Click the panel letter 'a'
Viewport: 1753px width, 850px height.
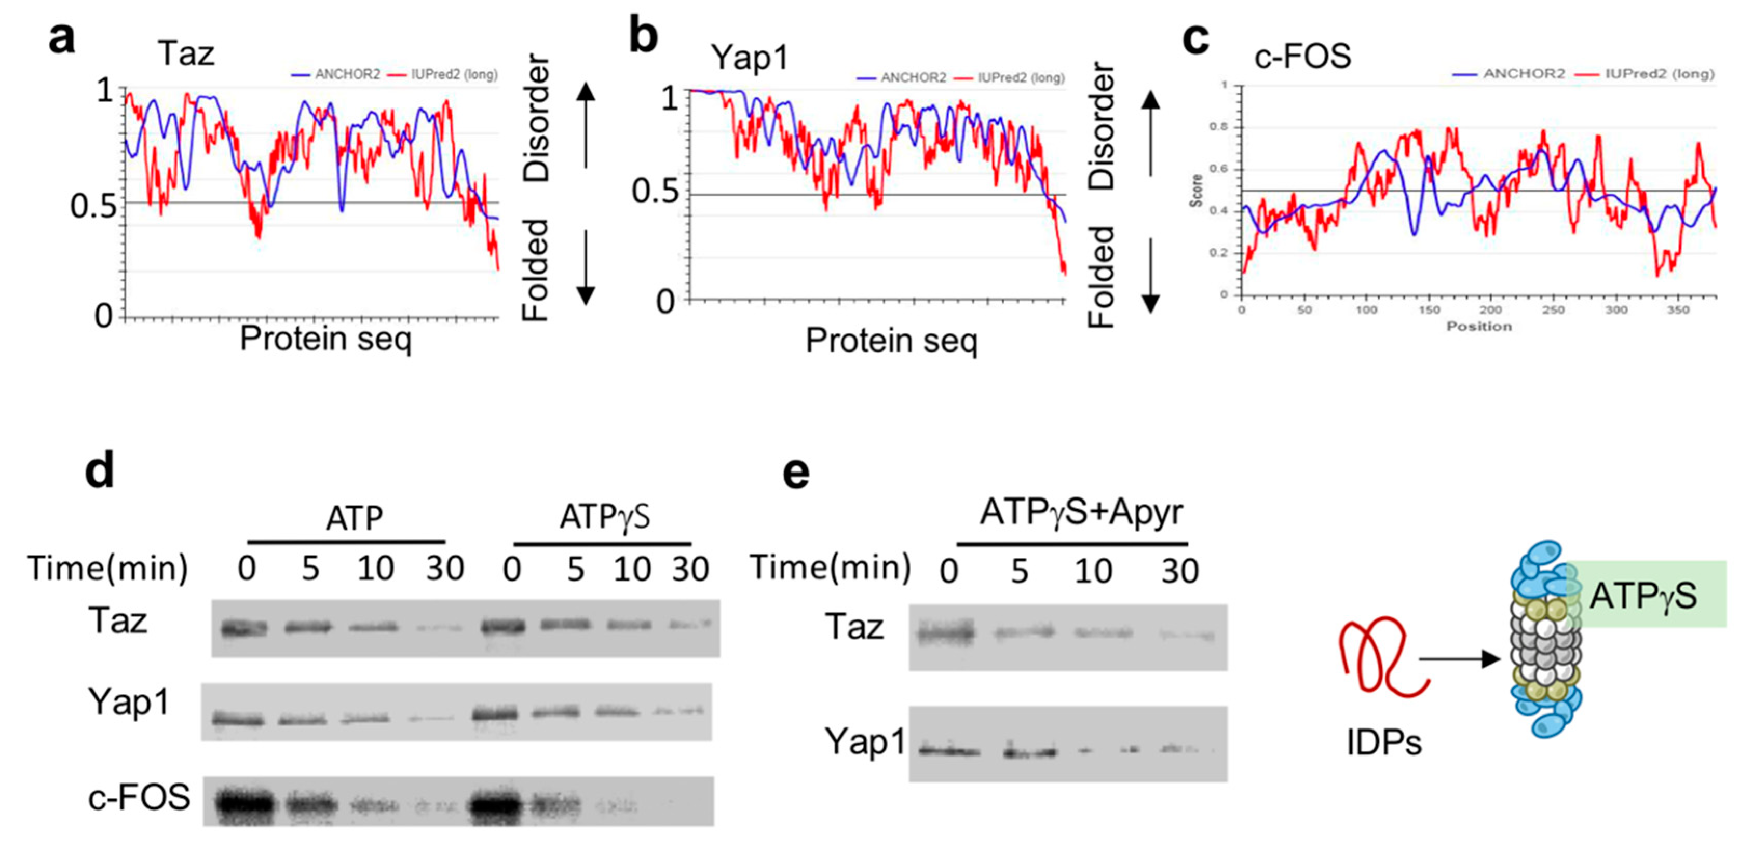pos(61,39)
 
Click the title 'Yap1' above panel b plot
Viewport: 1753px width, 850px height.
pos(749,57)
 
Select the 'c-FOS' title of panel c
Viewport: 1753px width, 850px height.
pos(1302,56)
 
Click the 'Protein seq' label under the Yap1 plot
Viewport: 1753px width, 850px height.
pos(891,340)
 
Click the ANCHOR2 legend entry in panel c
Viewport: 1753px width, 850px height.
pos(1510,74)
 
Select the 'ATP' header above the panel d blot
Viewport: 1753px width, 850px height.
pos(354,519)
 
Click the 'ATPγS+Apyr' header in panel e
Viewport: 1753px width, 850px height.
pos(1081,512)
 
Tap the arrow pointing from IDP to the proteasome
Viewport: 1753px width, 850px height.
pos(1460,659)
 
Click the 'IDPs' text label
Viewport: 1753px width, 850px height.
pos(1383,743)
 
